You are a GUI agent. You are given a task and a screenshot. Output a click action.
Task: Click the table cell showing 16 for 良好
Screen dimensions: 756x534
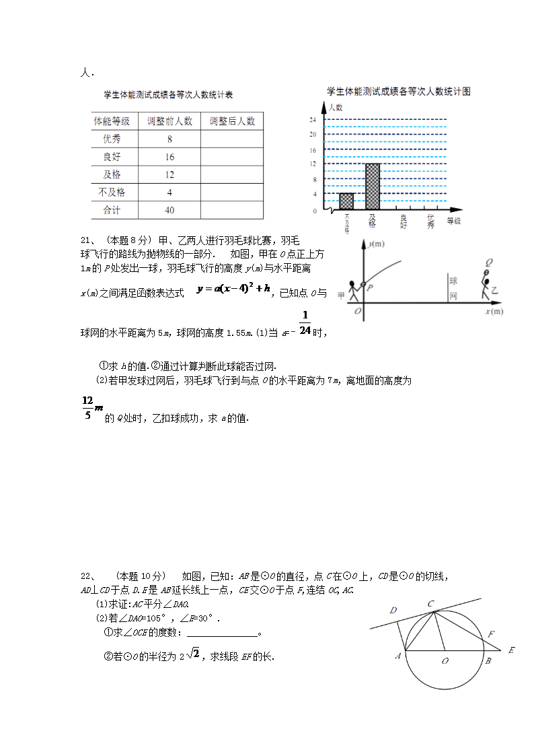click(x=169, y=157)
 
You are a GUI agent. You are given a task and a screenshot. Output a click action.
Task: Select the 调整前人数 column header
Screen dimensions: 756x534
click(x=169, y=121)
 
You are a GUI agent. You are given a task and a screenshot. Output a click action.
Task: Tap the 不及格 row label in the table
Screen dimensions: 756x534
click(x=112, y=193)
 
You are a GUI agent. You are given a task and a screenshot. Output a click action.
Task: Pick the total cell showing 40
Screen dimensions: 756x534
click(x=169, y=210)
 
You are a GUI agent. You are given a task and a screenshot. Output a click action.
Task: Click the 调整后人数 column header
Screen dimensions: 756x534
click(x=232, y=121)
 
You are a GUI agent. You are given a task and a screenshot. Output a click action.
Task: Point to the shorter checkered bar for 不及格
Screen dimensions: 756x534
click(x=346, y=201)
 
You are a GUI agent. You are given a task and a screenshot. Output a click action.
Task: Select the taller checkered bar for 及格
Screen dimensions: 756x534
click(x=373, y=186)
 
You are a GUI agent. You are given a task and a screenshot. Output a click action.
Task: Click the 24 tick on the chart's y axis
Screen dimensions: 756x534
click(x=313, y=119)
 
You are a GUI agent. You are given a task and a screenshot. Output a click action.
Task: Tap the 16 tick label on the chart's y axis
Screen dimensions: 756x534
click(x=313, y=149)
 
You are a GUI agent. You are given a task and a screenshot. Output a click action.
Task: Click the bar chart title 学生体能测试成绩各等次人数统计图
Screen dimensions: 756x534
click(x=398, y=91)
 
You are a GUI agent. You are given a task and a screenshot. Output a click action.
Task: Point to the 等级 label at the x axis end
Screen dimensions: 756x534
click(x=454, y=220)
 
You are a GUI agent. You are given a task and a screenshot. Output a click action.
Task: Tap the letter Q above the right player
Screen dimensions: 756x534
click(x=488, y=262)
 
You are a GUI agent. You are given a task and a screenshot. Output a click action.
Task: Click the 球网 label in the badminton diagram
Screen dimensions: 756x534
click(x=453, y=287)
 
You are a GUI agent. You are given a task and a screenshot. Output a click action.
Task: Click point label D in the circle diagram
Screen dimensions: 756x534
click(x=393, y=610)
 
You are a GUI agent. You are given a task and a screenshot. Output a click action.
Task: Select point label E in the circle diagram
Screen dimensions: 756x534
click(x=512, y=650)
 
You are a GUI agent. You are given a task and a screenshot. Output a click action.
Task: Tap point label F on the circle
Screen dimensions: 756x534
click(x=491, y=634)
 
